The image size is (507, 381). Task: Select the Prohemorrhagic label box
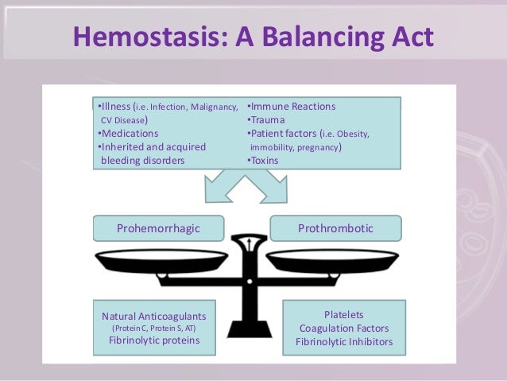coord(158,229)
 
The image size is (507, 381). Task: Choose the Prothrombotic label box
coord(335,229)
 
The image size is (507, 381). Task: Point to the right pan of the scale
coord(333,260)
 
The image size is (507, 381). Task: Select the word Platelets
coord(344,314)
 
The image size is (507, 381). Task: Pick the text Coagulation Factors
coord(344,329)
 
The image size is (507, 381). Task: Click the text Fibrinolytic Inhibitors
coord(344,343)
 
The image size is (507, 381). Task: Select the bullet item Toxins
coord(268,160)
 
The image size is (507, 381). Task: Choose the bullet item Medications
coord(129,133)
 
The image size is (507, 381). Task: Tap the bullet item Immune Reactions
coord(292,106)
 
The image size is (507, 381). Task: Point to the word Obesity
coord(350,134)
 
